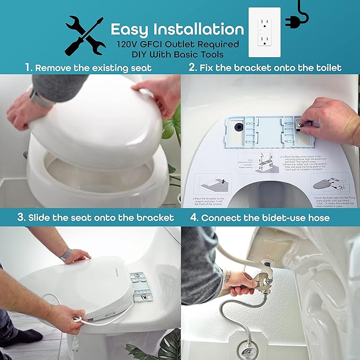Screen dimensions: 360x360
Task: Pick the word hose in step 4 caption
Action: point(318,217)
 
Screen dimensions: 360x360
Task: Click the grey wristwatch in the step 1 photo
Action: point(40,99)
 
